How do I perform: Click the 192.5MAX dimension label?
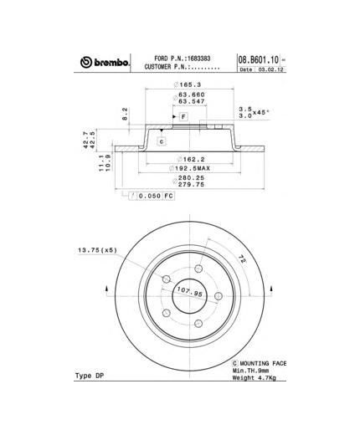click(189, 167)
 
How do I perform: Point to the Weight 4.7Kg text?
click(256, 379)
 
